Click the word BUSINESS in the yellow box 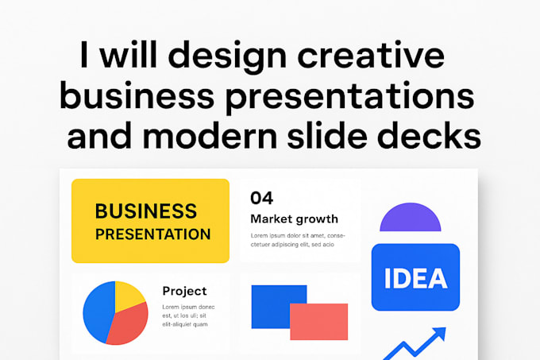[145, 211]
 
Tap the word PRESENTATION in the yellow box [152, 234]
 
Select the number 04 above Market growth [261, 197]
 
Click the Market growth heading [294, 219]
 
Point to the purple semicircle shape [410, 218]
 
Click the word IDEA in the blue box [415, 278]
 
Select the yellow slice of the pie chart [128, 296]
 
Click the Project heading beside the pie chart [184, 291]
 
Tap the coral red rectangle [318, 322]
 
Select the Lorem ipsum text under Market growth [298, 240]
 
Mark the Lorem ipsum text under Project [188, 315]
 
